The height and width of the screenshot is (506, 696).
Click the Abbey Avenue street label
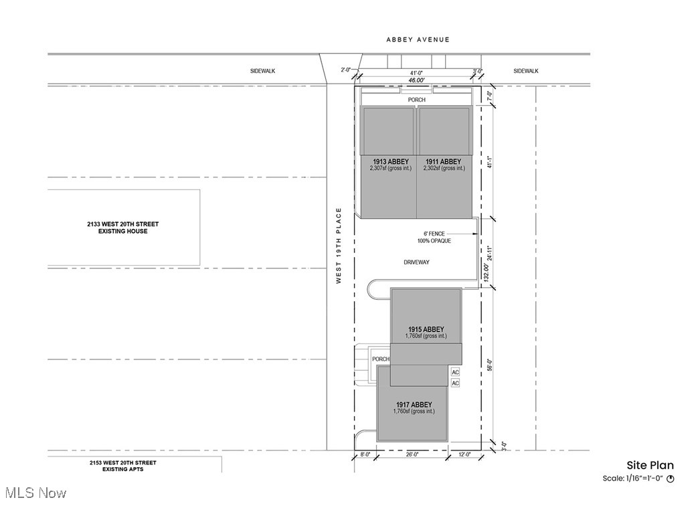click(418, 39)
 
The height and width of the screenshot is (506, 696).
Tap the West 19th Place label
click(339, 246)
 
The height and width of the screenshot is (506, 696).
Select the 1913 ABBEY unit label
click(391, 161)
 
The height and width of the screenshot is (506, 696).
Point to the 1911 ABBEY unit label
click(444, 161)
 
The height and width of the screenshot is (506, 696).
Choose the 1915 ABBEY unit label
click(426, 329)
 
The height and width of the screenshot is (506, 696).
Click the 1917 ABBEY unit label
click(414, 405)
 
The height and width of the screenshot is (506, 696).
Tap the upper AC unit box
click(456, 372)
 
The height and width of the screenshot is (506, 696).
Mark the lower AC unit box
click(456, 383)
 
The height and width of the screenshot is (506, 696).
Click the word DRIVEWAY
click(416, 262)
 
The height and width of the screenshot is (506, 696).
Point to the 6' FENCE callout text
click(434, 234)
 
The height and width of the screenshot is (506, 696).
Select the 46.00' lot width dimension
click(416, 80)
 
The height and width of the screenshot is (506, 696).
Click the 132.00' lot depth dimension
click(487, 272)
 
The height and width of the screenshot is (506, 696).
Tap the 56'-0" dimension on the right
click(490, 365)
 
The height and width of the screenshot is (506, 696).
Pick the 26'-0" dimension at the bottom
click(412, 454)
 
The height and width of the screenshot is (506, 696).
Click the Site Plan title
click(650, 465)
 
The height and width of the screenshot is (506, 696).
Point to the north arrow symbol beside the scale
click(671, 479)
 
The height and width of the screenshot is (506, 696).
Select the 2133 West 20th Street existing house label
click(123, 228)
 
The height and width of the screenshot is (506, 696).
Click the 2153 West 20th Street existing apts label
click(123, 466)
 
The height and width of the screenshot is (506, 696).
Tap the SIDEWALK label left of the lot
click(263, 71)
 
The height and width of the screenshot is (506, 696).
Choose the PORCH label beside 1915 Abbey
click(381, 359)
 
